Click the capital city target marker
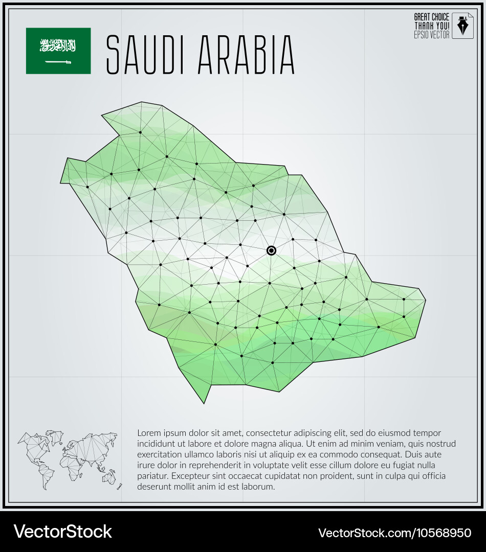click(271, 250)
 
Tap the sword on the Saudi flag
click(58, 62)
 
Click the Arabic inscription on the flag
click(58, 45)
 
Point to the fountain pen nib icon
click(463, 26)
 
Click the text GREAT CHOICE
click(431, 17)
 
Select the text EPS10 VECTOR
click(431, 35)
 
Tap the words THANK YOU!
click(431, 26)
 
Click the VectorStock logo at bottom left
click(62, 532)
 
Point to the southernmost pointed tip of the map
click(204, 403)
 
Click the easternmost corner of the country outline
click(425, 300)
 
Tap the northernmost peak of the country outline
click(141, 103)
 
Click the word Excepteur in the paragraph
click(191, 476)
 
